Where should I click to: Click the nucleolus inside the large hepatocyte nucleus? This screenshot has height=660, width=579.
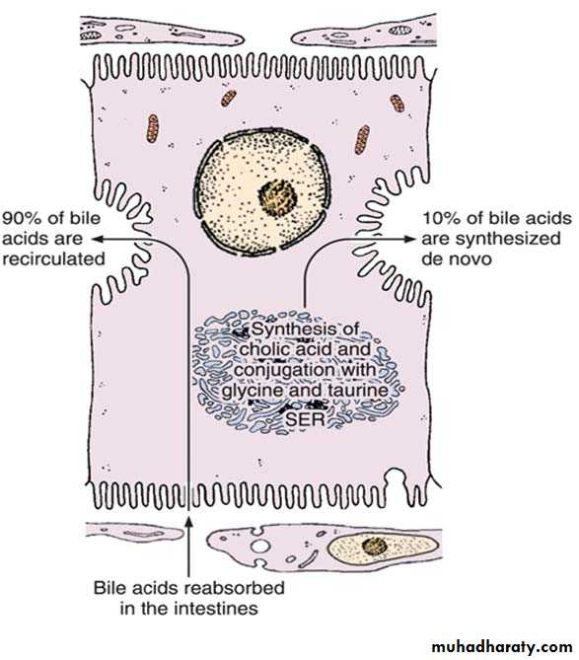[x=278, y=196]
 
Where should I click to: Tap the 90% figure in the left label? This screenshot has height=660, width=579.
[x=22, y=218]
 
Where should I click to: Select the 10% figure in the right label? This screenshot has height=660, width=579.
[x=442, y=218]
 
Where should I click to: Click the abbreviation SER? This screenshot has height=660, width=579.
[x=306, y=419]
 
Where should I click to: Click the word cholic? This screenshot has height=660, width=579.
[x=263, y=349]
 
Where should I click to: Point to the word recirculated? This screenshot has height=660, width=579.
[x=53, y=258]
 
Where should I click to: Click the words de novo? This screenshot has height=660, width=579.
[x=457, y=258]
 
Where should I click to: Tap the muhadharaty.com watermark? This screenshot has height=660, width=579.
[x=501, y=646]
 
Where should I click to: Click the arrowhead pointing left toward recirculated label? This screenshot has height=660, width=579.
[x=98, y=239]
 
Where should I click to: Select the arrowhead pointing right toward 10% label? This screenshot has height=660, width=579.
[x=409, y=239]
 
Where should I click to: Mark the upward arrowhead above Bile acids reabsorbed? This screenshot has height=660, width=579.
[x=188, y=522]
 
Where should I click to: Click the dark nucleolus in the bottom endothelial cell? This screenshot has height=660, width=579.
[x=374, y=547]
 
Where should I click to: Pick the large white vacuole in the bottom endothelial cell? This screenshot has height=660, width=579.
[x=260, y=547]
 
